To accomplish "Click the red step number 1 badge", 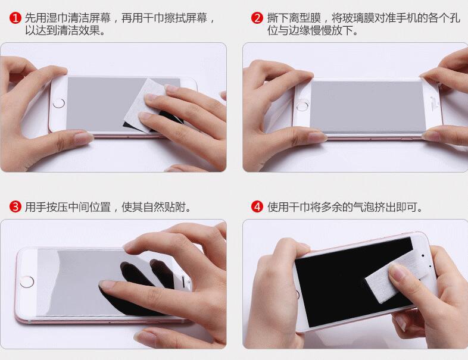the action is (x=15, y=18).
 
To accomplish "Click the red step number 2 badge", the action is (x=257, y=18).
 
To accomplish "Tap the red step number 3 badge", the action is (x=15, y=206).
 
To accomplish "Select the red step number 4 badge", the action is (x=257, y=206).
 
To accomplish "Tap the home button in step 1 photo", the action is (x=59, y=103).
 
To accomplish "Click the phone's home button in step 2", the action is (x=302, y=105).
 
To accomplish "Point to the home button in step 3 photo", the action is (x=27, y=282).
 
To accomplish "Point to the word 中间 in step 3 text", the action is (x=79, y=206).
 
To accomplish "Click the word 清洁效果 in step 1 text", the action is (x=79, y=30).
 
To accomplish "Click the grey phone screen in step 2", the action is (x=368, y=107).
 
